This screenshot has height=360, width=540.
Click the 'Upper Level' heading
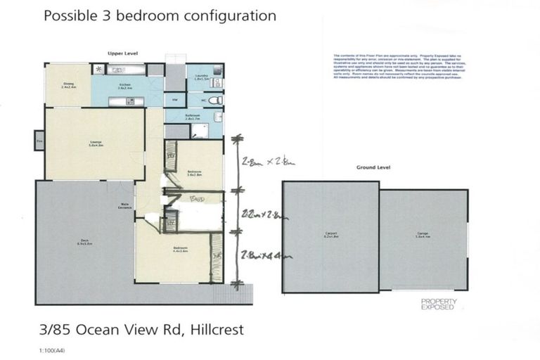coord(121,53)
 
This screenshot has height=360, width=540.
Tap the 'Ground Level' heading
coord(373,168)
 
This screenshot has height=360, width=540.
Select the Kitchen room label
coord(127,86)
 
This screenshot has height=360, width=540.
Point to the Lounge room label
coord(96,144)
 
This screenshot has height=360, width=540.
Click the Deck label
coord(85,242)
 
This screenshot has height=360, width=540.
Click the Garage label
coord(423,237)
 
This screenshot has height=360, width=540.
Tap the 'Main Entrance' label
coord(126,207)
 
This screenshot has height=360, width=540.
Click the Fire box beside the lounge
coord(39,141)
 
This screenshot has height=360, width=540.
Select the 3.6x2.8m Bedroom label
coord(195,173)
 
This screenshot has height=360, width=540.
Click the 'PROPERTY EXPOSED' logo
coord(439,304)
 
